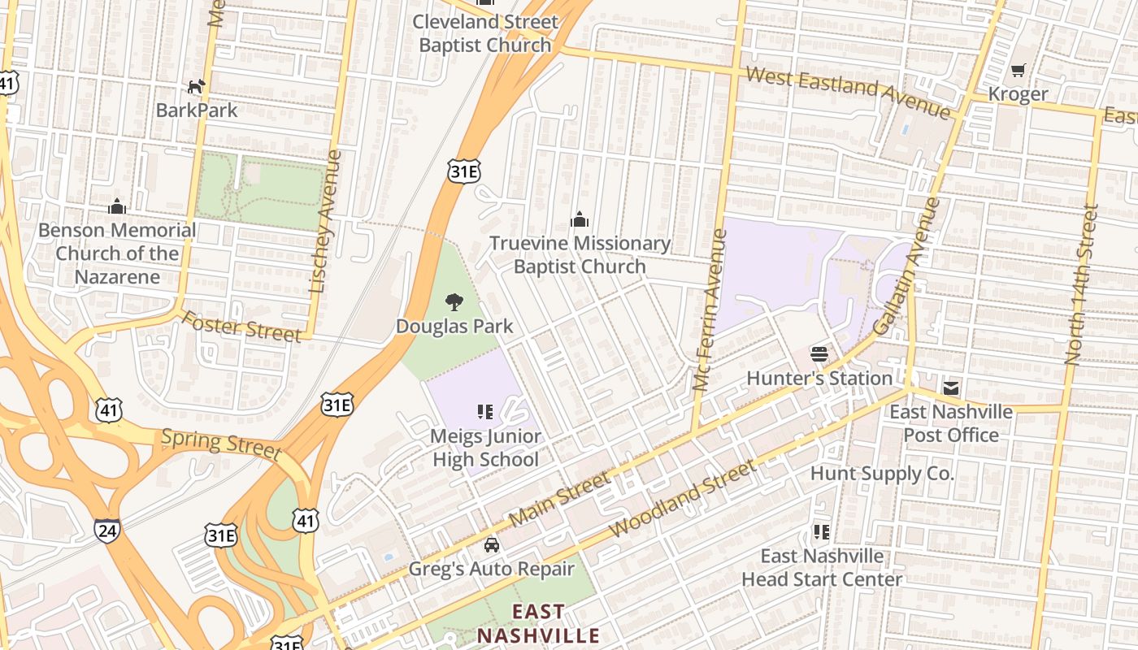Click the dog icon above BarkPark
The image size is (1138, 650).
[196, 86]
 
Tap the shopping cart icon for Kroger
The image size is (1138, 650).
[1018, 71]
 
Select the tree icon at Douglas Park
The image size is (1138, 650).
[454, 303]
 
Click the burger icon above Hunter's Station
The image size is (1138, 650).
[819, 354]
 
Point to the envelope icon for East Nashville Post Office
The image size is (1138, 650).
[951, 388]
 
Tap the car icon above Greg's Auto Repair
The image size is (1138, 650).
[491, 545]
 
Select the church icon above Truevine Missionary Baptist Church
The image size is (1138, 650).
[579, 219]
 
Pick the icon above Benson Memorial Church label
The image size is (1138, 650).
[117, 206]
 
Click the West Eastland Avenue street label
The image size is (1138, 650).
[848, 93]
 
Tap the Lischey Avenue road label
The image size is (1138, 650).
[324, 221]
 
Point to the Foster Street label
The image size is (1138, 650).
[241, 326]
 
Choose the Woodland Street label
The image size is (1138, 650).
[682, 498]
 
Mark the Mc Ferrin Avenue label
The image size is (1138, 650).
[708, 310]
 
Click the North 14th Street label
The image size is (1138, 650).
[1082, 284]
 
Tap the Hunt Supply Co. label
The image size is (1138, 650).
[882, 474]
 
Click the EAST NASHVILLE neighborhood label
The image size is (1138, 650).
[537, 623]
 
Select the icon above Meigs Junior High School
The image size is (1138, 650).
[485, 413]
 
